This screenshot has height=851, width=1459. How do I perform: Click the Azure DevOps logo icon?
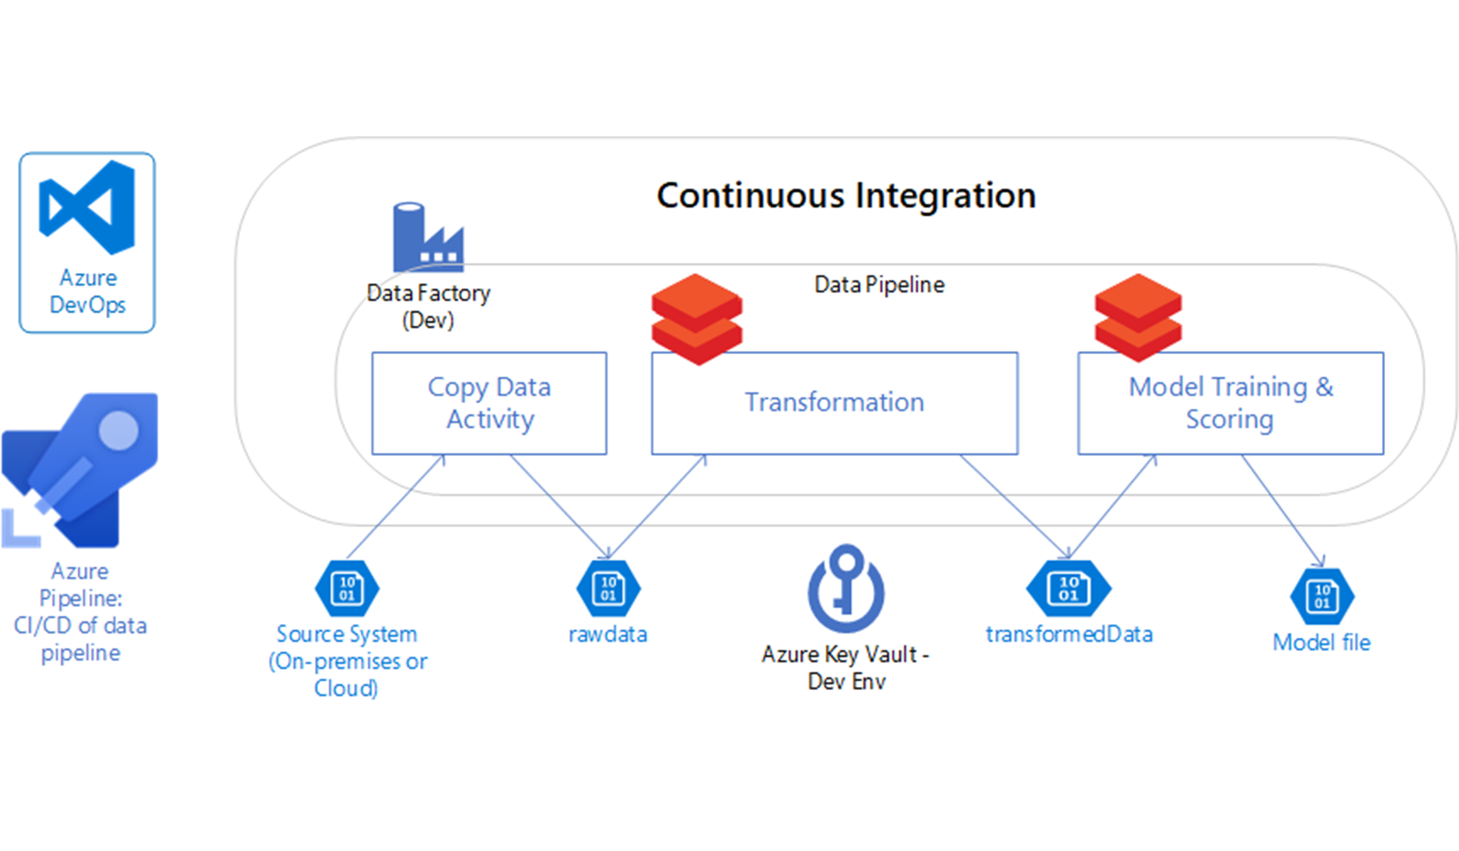tap(87, 207)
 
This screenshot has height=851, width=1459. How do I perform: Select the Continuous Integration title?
tap(846, 196)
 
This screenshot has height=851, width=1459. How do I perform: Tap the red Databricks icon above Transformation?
tap(696, 320)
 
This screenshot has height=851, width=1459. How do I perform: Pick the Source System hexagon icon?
tap(347, 588)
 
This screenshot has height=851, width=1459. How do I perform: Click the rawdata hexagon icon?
tap(608, 588)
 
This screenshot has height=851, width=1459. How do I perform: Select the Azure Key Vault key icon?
tap(846, 588)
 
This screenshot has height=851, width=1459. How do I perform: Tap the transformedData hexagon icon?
tap(1069, 588)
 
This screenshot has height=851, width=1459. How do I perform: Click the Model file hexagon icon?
tap(1322, 596)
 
